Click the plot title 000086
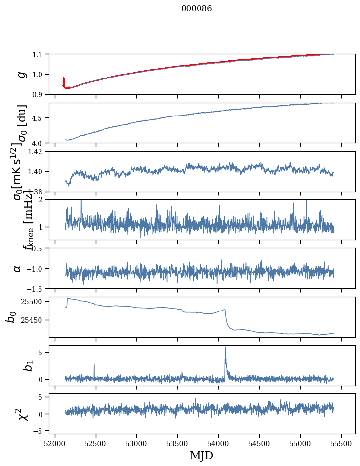coord(197,9)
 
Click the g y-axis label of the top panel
coord(21,74)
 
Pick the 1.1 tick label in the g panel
coord(39,54)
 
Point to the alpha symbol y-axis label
coord(18,268)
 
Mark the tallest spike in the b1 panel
coord(225,348)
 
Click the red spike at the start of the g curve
coord(64,80)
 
